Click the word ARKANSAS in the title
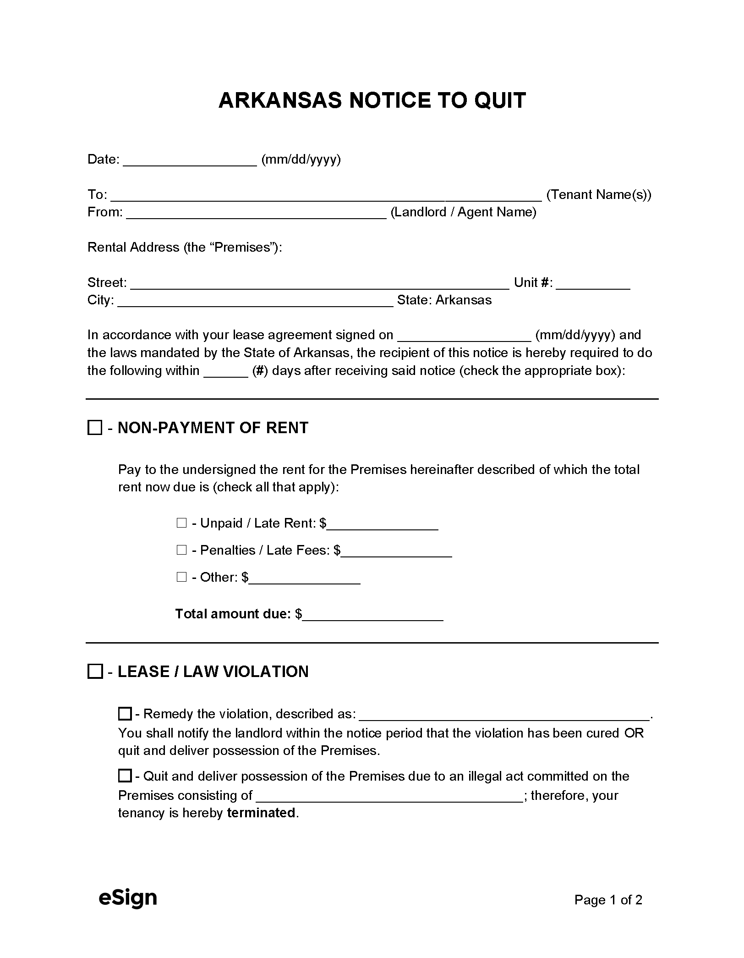pos(280,100)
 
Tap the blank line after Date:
pos(190,160)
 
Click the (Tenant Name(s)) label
pos(599,195)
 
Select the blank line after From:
pos(256,213)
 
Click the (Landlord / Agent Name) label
pos(463,212)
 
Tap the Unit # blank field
pos(593,284)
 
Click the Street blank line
pos(319,284)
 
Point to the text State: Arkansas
pos(444,300)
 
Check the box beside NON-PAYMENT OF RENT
pos(94,428)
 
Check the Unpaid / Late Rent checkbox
pos(181,523)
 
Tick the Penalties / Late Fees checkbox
pos(181,550)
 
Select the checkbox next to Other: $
pos(181,577)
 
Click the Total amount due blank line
pos(373,615)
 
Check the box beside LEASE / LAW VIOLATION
pos(94,672)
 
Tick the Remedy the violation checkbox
pos(125,714)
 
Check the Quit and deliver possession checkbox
pos(125,776)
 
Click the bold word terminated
pos(261,813)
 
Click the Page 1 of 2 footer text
pos(608,900)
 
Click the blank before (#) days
pos(225,372)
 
